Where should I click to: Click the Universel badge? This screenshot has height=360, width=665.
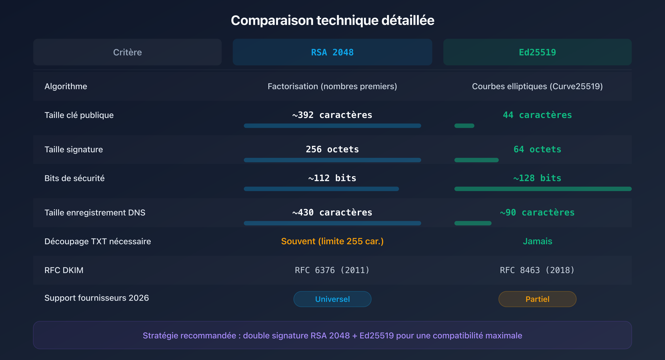[332, 299]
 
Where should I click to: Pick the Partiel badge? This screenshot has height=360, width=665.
[537, 299]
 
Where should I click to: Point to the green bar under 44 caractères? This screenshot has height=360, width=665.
[464, 126]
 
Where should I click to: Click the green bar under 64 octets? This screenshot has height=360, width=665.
[476, 160]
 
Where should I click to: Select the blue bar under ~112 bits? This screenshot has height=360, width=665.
[321, 189]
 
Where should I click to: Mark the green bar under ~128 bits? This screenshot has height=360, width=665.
[543, 189]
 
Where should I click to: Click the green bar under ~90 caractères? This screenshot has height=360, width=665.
[473, 223]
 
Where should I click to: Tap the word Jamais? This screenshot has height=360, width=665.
[537, 241]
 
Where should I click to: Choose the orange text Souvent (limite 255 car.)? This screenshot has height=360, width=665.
[332, 241]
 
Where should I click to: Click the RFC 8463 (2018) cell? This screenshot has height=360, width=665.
[537, 270]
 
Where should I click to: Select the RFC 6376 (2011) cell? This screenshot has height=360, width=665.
[332, 270]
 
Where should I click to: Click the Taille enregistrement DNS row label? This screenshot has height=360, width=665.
[95, 213]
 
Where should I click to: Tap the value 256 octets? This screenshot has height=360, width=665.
[332, 149]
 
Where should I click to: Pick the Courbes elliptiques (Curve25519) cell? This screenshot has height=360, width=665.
[537, 86]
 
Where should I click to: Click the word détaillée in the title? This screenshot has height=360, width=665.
[408, 20]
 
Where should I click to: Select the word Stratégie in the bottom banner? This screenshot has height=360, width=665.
[160, 335]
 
